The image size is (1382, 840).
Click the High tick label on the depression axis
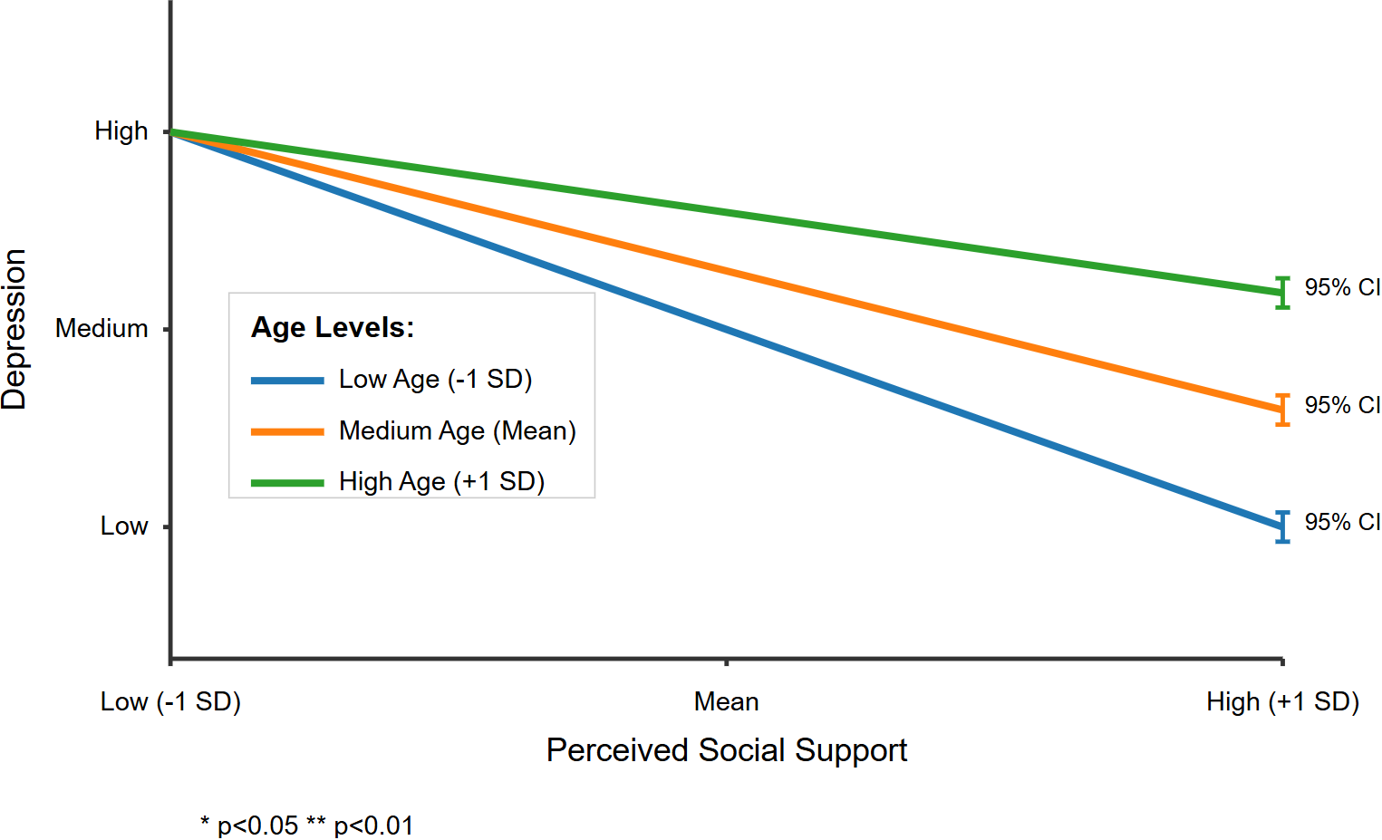pyautogui.click(x=121, y=131)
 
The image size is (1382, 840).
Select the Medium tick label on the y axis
pyautogui.click(x=101, y=328)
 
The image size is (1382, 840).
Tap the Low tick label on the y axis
pyautogui.click(x=124, y=526)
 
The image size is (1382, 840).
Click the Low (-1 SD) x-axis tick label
pyautogui.click(x=170, y=701)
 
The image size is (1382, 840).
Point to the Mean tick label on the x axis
pyautogui.click(x=726, y=701)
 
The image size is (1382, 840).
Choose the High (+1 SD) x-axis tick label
pyautogui.click(x=1282, y=701)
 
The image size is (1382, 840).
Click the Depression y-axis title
pyautogui.click(x=15, y=329)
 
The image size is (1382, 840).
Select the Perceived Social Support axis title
pyautogui.click(x=726, y=750)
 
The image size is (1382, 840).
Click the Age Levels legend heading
pyautogui.click(x=333, y=327)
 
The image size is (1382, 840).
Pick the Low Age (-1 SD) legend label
pyautogui.click(x=435, y=379)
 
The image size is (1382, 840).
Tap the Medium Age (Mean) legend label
pyautogui.click(x=458, y=430)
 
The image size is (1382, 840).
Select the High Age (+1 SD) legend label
pyautogui.click(x=441, y=481)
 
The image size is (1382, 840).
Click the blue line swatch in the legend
pyautogui.click(x=287, y=381)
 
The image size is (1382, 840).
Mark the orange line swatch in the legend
pyautogui.click(x=287, y=431)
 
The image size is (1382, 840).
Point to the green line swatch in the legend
pyautogui.click(x=287, y=482)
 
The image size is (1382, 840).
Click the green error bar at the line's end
pyautogui.click(x=1282, y=293)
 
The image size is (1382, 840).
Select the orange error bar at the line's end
pyautogui.click(x=1282, y=410)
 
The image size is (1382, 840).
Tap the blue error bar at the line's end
pyautogui.click(x=1282, y=526)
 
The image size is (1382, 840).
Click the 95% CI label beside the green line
pyautogui.click(x=1342, y=287)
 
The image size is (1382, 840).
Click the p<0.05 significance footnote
pyautogui.click(x=307, y=826)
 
